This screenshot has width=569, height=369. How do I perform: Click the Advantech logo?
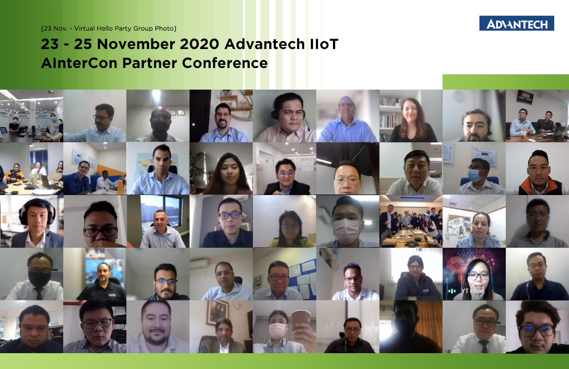click(516, 23)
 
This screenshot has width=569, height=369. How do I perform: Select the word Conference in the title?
click(224, 63)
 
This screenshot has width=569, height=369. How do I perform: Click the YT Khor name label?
click(473, 291)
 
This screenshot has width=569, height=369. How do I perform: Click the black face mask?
click(40, 279)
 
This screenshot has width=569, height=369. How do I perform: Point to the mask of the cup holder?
click(277, 331)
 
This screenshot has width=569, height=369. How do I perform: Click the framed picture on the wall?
click(217, 313)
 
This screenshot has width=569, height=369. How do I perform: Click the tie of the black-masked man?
click(38, 294)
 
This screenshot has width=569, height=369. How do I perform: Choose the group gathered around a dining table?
click(411, 223)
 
